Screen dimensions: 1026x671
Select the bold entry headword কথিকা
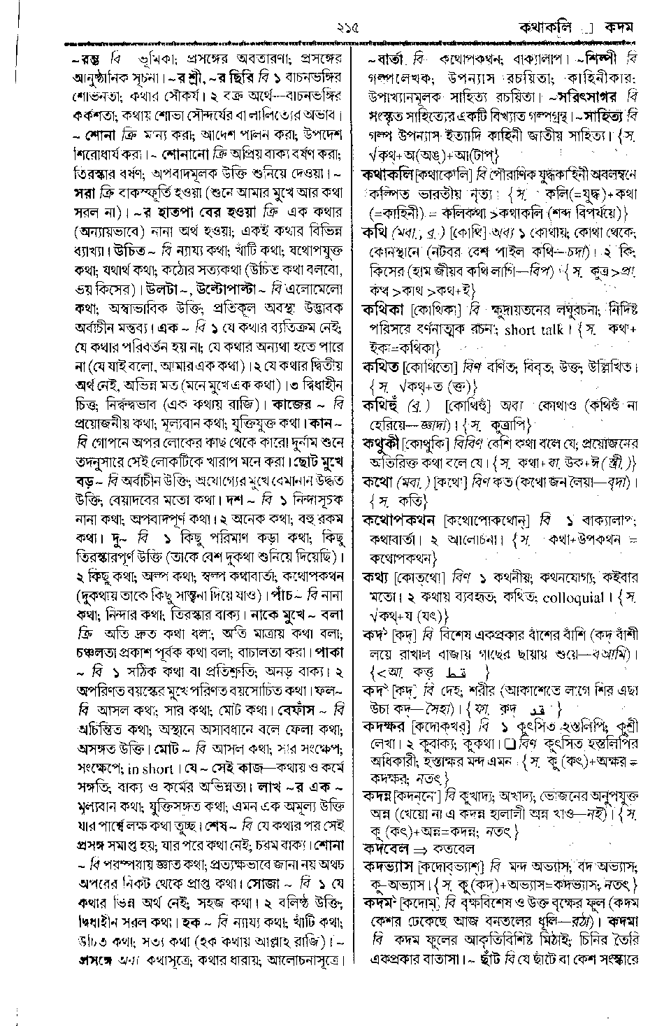click(x=384, y=308)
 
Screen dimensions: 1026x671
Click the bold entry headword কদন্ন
click(x=377, y=795)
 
